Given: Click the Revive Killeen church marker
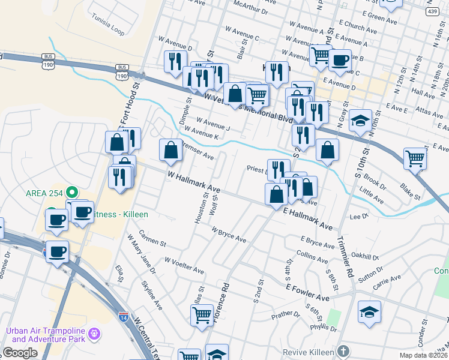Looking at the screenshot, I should coord(343,351).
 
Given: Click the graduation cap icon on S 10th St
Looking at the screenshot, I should coord(360,122).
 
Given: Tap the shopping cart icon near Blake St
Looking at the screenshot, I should coord(415,158).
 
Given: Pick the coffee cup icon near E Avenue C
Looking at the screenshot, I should coord(340,61).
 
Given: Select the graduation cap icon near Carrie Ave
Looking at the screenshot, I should coord(369,312).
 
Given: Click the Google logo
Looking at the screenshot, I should coord(20,353).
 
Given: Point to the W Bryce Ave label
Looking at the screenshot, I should coord(229,235).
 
